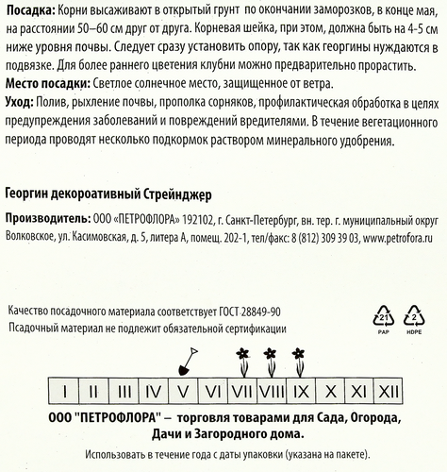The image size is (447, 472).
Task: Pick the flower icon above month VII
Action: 240,357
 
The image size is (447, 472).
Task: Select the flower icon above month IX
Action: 299,357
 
